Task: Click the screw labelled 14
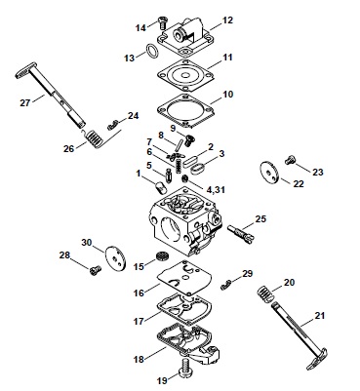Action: click(x=162, y=22)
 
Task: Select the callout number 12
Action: click(x=227, y=20)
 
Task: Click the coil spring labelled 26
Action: click(x=95, y=138)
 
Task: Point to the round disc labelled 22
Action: click(x=269, y=171)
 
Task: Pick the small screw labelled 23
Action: click(x=290, y=160)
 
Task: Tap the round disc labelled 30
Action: click(x=115, y=257)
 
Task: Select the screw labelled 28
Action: click(x=95, y=270)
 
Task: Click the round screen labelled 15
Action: click(x=161, y=256)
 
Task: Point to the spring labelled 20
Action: click(x=266, y=293)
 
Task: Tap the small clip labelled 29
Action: click(x=225, y=285)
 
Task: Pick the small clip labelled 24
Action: click(x=112, y=124)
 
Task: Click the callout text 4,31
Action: click(x=214, y=189)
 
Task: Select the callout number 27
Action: click(x=25, y=103)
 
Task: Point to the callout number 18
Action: click(x=139, y=360)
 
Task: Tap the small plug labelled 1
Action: click(x=159, y=187)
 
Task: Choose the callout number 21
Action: click(x=320, y=315)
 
